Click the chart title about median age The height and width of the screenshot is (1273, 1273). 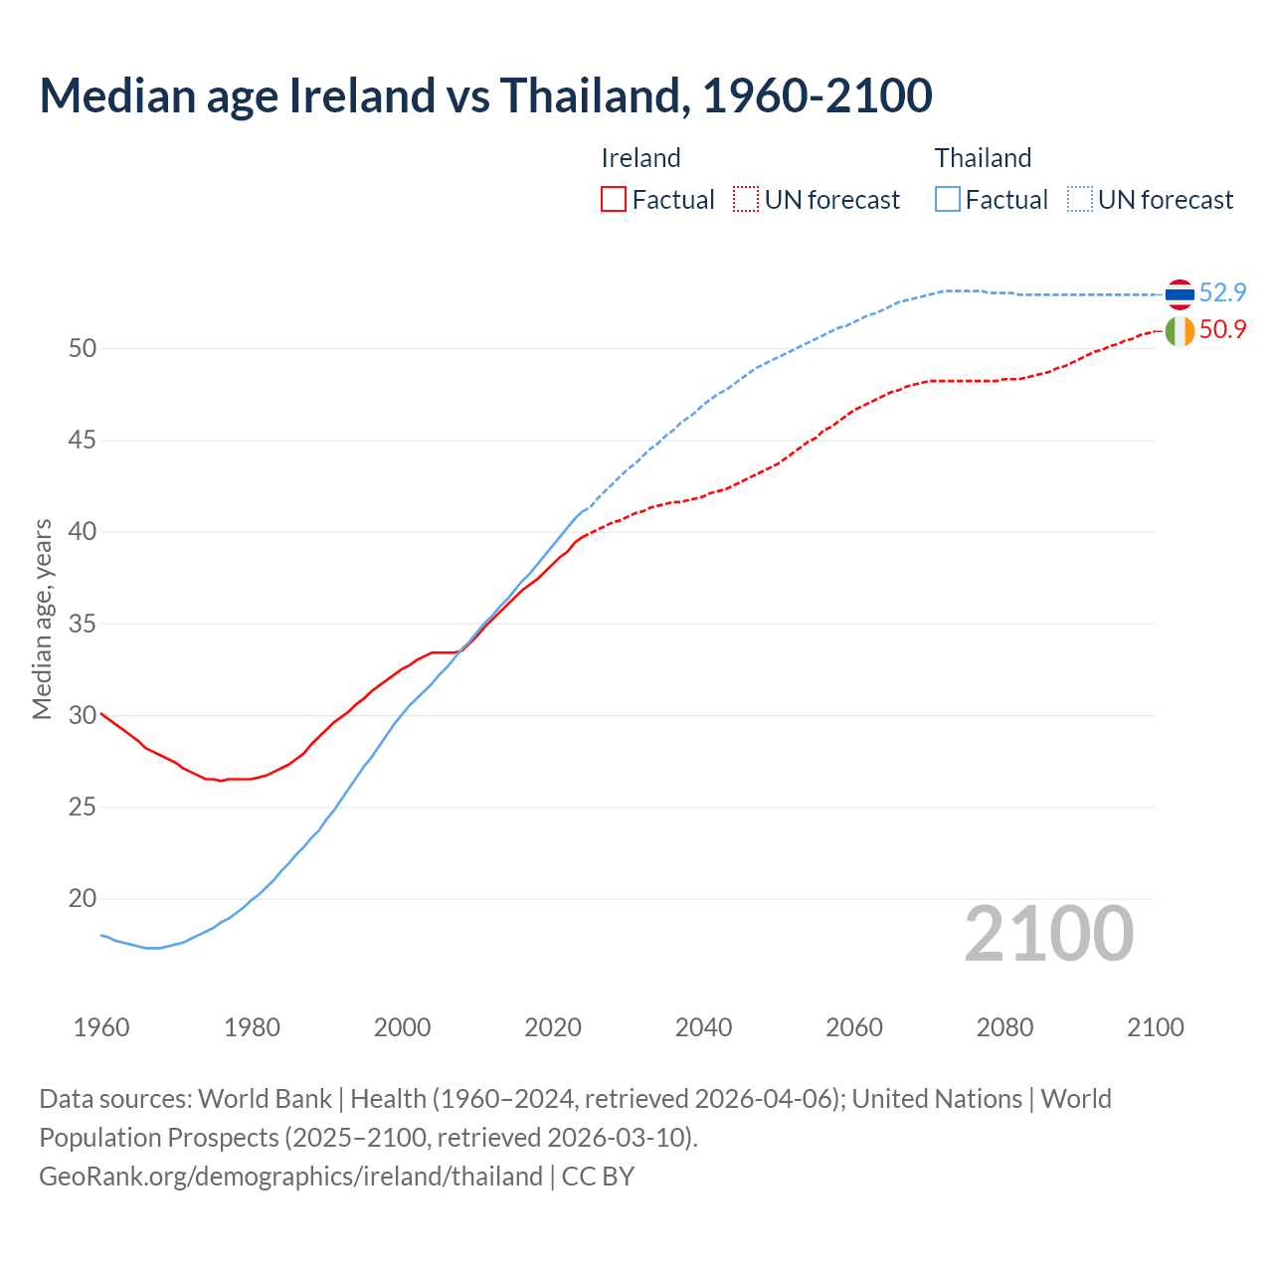click(485, 95)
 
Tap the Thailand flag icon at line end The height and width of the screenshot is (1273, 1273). click(1180, 293)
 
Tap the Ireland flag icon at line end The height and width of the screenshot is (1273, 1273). click(1180, 330)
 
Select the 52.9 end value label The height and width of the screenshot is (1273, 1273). click(1222, 292)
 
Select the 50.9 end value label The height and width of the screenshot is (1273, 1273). click(1222, 329)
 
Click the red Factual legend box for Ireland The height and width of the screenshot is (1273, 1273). click(614, 199)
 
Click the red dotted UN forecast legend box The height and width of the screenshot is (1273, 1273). click(746, 199)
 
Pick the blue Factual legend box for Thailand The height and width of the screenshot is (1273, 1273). click(948, 199)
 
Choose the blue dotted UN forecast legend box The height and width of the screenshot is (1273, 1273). click(1080, 199)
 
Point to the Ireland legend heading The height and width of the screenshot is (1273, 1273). click(640, 158)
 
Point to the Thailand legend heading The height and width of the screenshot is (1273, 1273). click(983, 158)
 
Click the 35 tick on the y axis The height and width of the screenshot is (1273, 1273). click(82, 625)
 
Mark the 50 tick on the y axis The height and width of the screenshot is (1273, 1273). click(82, 349)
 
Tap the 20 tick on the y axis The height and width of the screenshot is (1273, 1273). click(82, 899)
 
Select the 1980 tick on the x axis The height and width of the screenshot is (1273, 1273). click(252, 1027)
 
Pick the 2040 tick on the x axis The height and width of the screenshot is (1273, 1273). click(703, 1027)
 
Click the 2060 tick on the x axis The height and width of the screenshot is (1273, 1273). click(854, 1027)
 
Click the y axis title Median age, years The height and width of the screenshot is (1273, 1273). click(42, 619)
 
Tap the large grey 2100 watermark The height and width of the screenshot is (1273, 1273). click(1049, 934)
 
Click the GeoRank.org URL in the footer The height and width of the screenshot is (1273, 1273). click(290, 1177)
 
